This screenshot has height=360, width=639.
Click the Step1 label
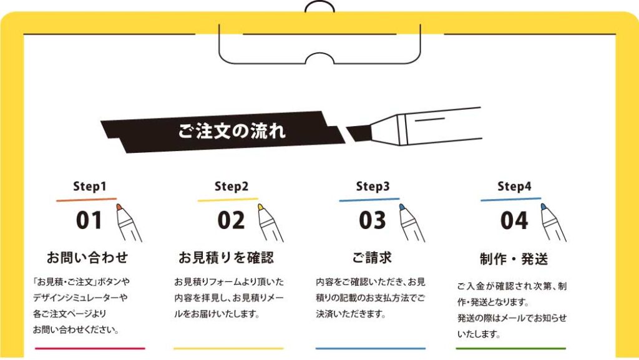click(90, 186)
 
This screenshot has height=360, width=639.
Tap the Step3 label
click(373, 186)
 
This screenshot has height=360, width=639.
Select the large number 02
click(231, 220)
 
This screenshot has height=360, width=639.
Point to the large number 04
click(514, 220)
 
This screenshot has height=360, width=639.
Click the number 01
click(89, 220)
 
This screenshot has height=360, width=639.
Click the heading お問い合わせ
click(87, 257)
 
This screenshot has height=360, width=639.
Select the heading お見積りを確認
click(226, 257)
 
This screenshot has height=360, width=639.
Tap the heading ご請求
click(372, 257)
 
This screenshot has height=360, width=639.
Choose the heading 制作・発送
click(514, 258)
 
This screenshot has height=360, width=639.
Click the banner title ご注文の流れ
click(232, 131)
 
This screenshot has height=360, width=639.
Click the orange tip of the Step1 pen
click(119, 207)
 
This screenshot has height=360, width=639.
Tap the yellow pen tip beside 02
click(260, 207)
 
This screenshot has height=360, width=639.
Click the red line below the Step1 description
click(90, 348)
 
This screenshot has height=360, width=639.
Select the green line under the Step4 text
click(511, 348)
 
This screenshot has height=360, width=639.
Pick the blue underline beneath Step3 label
click(369, 200)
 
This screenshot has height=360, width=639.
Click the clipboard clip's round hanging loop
click(319, 7)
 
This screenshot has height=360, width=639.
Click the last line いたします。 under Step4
click(478, 334)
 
